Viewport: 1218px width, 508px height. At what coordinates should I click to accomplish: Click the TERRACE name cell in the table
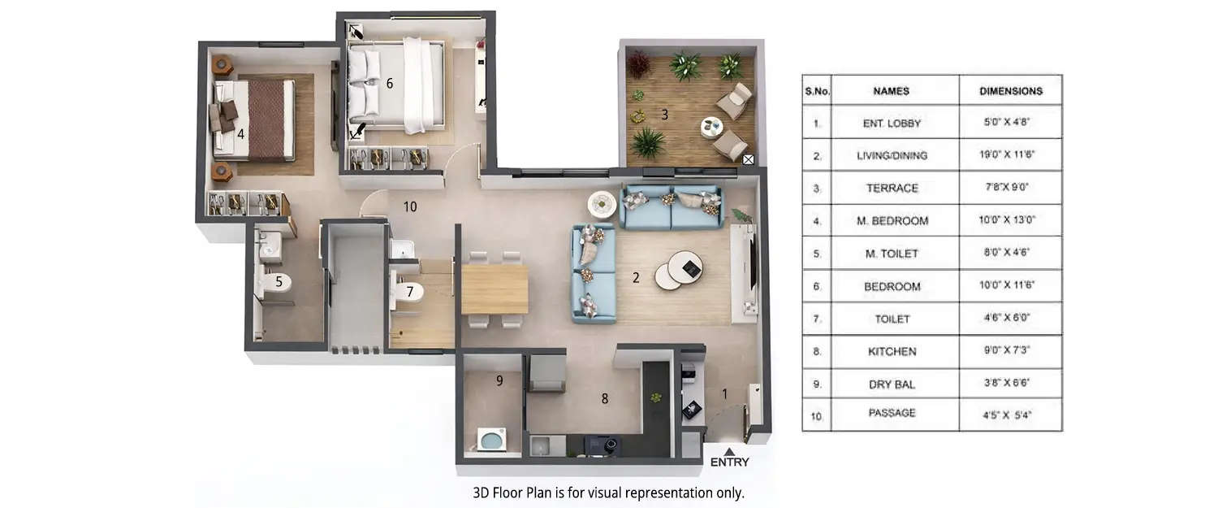tap(892, 188)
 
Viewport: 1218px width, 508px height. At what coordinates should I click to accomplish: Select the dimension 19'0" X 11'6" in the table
tap(1010, 155)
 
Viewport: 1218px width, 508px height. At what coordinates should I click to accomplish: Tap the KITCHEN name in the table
tap(892, 351)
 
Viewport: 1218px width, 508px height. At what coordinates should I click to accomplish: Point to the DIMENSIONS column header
tap(1010, 91)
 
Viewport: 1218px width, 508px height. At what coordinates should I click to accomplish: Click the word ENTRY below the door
tap(729, 462)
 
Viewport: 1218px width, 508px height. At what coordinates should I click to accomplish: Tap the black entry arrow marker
tap(729, 451)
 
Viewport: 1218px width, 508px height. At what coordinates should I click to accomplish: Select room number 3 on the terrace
tap(664, 115)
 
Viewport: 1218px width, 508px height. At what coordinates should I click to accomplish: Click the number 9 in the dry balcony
tap(499, 380)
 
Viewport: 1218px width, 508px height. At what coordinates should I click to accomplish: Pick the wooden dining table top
tap(495, 289)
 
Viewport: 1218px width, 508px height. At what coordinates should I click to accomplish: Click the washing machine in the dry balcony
tap(490, 441)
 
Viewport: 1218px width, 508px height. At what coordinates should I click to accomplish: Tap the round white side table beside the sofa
tap(603, 202)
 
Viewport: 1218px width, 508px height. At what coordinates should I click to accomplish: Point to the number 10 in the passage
tap(410, 207)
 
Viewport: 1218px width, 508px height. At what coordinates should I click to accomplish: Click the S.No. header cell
tap(817, 91)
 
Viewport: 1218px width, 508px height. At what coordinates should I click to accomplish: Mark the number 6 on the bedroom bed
tap(390, 83)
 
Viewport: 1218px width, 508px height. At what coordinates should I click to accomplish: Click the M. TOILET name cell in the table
tap(892, 254)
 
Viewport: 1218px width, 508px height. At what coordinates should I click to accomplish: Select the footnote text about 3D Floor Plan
tap(608, 493)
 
